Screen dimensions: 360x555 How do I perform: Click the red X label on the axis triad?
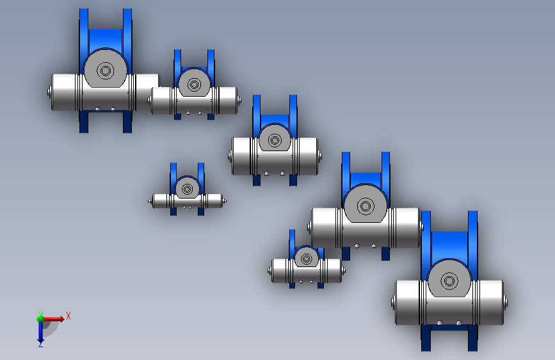[68, 316]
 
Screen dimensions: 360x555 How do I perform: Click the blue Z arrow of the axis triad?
[40, 333]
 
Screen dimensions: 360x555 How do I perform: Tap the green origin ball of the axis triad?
[40, 318]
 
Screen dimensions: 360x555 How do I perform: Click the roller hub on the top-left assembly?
[106, 70]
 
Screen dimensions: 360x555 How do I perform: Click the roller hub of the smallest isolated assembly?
[187, 189]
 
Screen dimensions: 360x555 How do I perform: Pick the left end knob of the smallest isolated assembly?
[150, 201]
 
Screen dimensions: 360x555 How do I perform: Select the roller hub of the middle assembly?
[275, 140]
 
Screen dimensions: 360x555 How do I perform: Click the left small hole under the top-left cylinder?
[97, 109]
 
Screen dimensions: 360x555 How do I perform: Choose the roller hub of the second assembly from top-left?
[193, 83]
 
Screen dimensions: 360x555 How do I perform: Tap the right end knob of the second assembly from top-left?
[239, 101]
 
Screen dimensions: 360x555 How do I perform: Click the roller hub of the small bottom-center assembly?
[306, 258]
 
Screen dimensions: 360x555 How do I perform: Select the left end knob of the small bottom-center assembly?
[269, 270]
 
